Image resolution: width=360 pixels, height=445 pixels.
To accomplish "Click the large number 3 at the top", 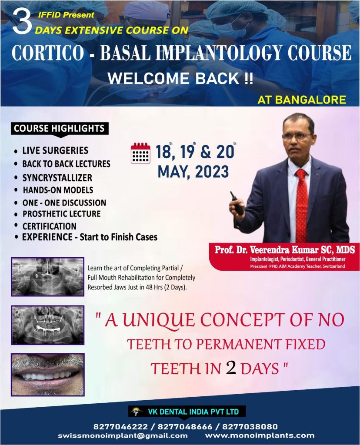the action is pos(22,22).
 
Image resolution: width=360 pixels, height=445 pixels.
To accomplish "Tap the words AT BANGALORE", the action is pos(302,100).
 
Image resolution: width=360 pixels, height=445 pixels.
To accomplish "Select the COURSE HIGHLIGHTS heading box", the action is pos(60,129).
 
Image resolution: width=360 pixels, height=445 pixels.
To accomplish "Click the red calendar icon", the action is pos(140,153).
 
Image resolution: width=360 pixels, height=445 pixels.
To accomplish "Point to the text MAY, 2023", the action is pos(193,172).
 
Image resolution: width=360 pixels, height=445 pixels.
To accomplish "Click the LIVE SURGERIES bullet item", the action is pos(55,150).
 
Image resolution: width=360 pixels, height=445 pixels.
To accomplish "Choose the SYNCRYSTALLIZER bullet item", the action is pos(57,178).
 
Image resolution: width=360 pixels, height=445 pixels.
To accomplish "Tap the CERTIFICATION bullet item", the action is pos(50,226).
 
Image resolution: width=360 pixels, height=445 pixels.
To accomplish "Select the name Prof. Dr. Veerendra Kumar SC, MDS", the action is pos(285,250).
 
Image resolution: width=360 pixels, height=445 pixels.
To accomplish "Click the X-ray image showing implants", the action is pos(48,325).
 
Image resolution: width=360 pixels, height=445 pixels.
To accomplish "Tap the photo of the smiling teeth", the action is pos(48,375).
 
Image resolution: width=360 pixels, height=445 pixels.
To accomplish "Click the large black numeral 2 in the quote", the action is pos(231,368).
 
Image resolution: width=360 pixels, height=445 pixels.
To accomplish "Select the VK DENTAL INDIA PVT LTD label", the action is pos(193,412).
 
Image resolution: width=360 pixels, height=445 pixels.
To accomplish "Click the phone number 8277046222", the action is pos(121,427).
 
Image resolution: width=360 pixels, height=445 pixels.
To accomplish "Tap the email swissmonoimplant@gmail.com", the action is pos(123,436).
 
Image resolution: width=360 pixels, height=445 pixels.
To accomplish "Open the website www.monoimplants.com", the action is pos(260,435).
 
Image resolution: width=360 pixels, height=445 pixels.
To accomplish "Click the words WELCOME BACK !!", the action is pos(180,79).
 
